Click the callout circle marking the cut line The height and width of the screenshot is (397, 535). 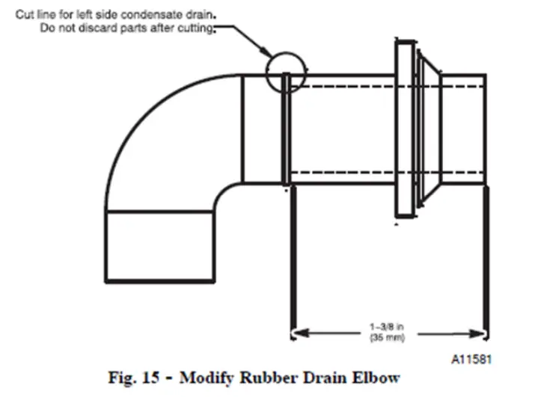[x=286, y=70]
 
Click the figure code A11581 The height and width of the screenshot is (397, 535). [x=471, y=359]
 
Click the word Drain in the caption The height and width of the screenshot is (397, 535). [x=336, y=379]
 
